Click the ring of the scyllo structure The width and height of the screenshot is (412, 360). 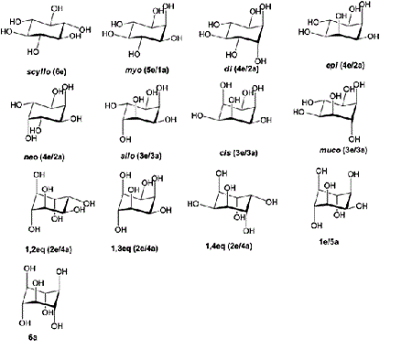tap(40, 37)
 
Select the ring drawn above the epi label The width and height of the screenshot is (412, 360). tap(342, 37)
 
